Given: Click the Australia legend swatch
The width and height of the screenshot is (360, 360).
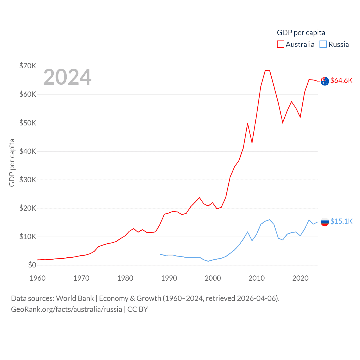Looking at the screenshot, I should point(280,44).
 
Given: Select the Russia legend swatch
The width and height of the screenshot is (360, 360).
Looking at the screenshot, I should point(323,44).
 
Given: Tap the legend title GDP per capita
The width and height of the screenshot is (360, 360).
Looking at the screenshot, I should point(301,33).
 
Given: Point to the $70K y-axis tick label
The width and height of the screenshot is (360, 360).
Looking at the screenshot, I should point(28,66).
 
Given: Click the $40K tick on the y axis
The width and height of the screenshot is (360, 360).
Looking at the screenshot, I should point(28,151).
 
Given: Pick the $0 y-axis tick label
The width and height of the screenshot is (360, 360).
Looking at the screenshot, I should point(32,265).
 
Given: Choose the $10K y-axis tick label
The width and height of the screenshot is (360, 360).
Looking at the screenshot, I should point(28,237).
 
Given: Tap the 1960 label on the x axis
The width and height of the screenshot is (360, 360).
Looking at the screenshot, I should point(37,278).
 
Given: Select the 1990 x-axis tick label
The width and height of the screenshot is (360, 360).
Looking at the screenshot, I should point(169,278).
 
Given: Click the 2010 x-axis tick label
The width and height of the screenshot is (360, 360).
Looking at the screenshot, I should point(256,278).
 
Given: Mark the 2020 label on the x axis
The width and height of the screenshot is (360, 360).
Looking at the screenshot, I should point(300,278).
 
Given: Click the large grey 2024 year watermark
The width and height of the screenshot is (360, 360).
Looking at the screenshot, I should point(67,77).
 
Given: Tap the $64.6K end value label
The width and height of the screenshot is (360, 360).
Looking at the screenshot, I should point(341,80).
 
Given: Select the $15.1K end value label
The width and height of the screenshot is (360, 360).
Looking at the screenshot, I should point(341,221).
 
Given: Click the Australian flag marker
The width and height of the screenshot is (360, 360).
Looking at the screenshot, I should point(325,81).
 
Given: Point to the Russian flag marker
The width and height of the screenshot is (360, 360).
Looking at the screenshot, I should point(325,222).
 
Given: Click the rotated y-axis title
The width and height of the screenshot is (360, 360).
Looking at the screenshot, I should point(12,163).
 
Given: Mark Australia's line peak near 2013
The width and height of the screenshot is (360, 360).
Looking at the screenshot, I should point(269,70).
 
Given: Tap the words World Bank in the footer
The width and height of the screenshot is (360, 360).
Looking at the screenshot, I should point(75,298).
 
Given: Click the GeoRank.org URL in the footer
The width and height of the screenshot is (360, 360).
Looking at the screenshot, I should point(66,309).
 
